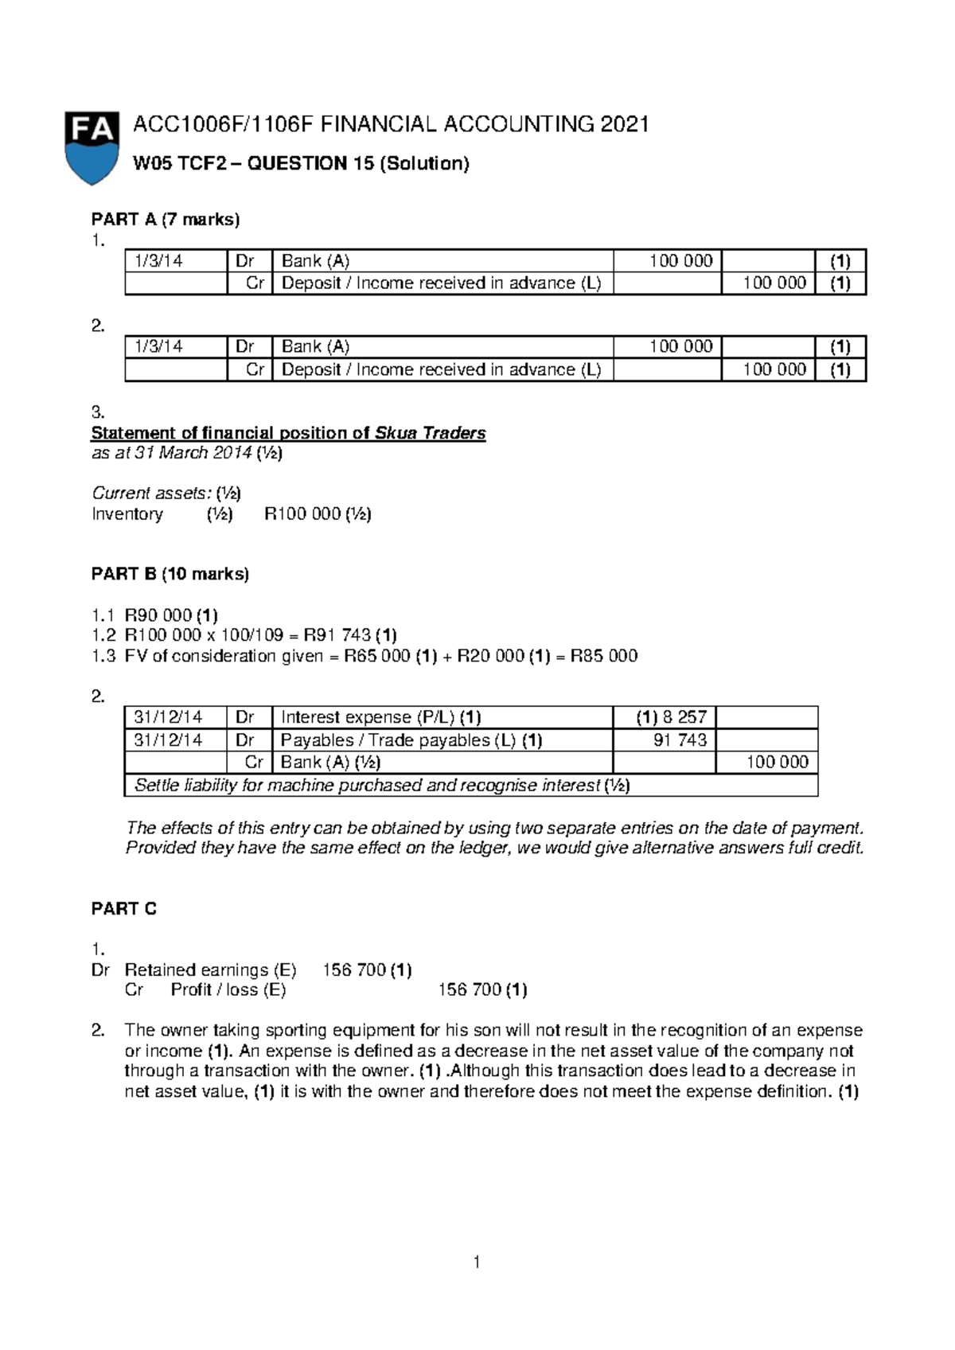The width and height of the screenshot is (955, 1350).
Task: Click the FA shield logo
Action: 92,147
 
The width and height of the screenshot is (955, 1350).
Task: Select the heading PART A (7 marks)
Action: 166,220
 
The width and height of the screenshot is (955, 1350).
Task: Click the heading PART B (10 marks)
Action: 170,574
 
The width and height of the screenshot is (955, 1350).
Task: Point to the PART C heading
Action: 124,909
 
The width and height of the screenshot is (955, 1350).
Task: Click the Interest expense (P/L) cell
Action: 380,717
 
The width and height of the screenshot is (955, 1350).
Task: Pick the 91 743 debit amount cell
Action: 680,740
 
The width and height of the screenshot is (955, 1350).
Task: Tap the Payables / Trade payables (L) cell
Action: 411,740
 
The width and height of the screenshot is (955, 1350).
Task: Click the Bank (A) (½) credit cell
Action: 330,763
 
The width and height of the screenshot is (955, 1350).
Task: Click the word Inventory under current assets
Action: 127,514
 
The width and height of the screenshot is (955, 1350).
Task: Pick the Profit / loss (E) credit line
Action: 228,990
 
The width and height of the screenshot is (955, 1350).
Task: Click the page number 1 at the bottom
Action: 476,1262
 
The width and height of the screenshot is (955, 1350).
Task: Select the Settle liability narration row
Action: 382,786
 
